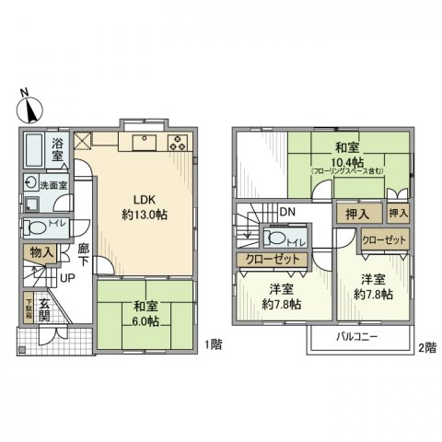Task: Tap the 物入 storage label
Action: (x=41, y=251)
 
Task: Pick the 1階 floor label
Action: (x=213, y=344)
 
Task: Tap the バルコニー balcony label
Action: (x=359, y=336)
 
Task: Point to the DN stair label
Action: (x=287, y=210)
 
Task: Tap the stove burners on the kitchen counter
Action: (x=178, y=143)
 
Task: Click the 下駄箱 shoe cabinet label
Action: (x=28, y=308)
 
